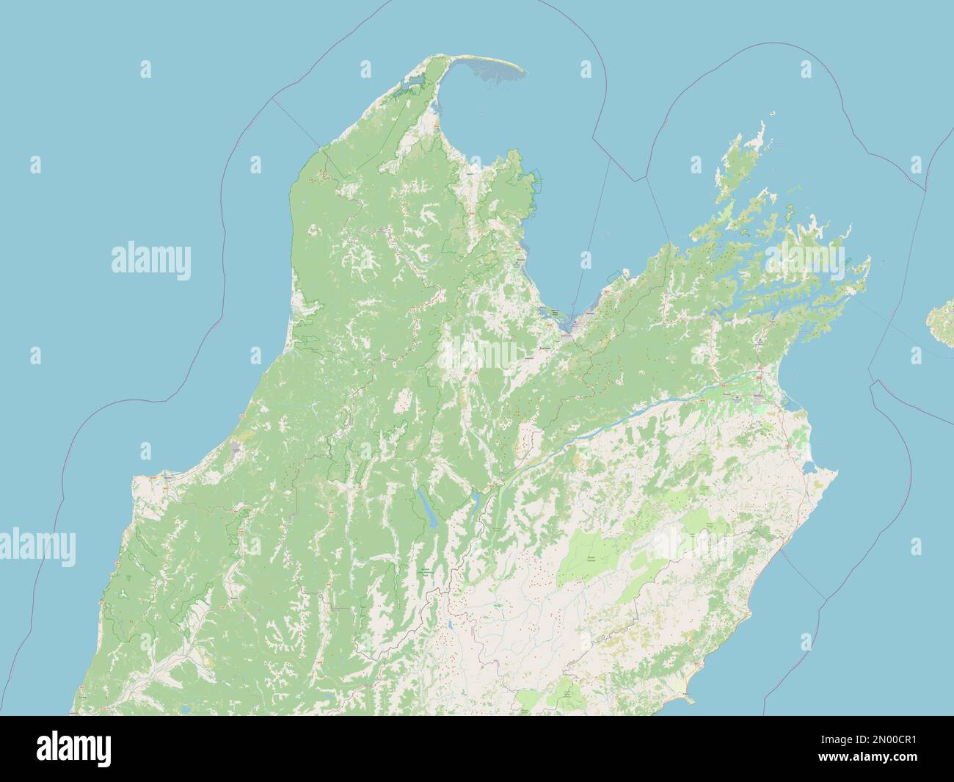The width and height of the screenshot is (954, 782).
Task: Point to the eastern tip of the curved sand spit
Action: [x=522, y=72]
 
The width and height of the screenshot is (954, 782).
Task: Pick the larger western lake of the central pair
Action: [x=426, y=507]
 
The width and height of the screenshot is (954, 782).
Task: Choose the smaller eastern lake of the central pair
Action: [x=475, y=501]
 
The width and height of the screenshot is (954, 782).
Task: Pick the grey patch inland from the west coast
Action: [x=236, y=449]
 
